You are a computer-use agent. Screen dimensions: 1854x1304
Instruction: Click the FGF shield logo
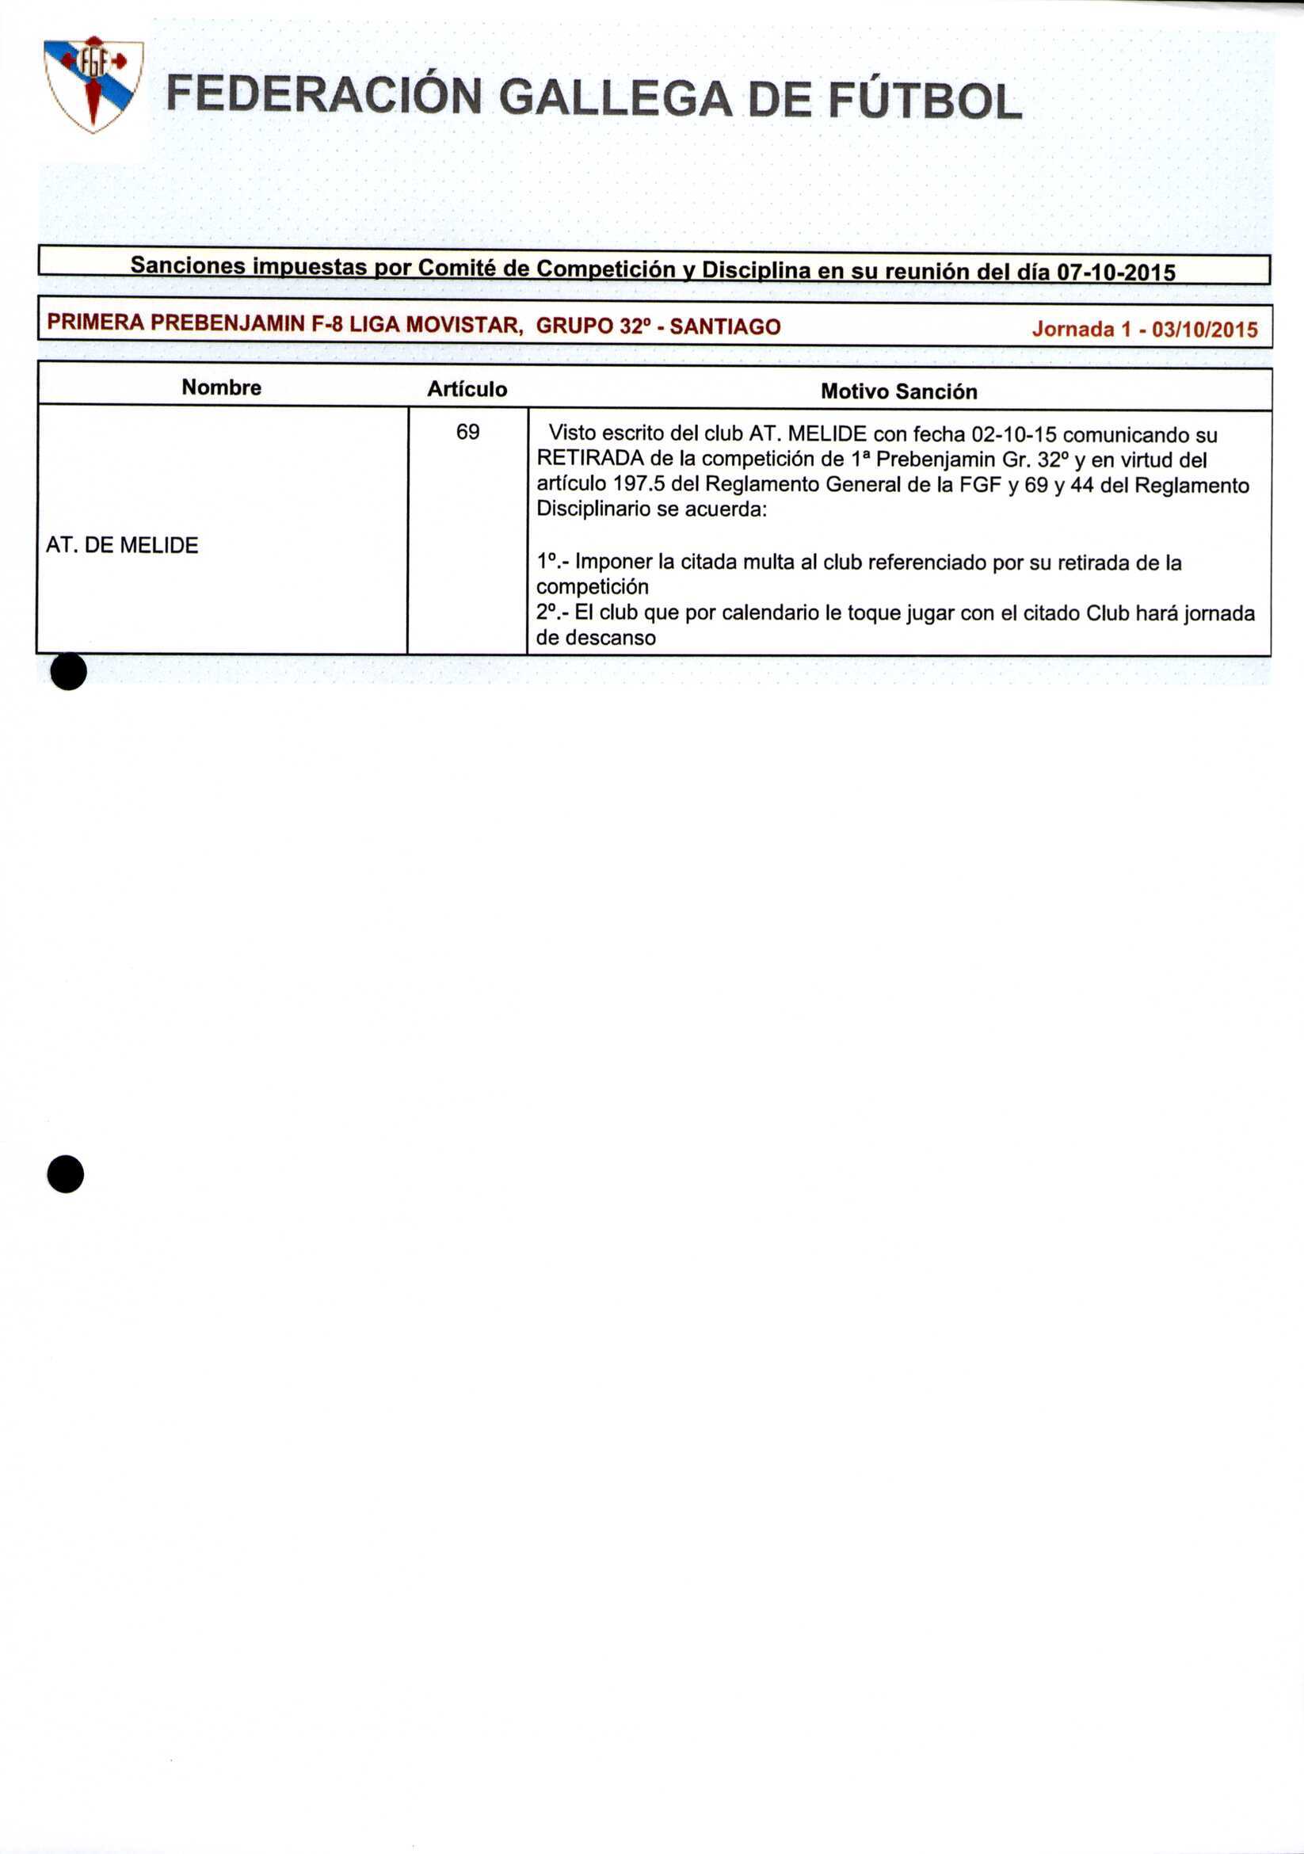click(93, 84)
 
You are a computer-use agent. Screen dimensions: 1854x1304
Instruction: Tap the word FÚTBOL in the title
click(925, 101)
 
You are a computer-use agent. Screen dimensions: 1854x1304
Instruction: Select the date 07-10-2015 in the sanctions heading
click(1116, 273)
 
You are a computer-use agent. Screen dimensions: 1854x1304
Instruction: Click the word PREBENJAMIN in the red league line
click(228, 324)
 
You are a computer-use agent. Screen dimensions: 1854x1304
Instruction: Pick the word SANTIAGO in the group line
click(725, 327)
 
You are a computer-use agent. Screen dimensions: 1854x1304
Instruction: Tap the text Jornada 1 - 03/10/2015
click(1144, 330)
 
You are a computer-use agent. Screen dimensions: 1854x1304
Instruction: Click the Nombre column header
click(221, 387)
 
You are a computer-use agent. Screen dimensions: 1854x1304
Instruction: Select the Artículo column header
click(467, 389)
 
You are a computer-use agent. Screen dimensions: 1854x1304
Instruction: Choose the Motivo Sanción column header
click(898, 391)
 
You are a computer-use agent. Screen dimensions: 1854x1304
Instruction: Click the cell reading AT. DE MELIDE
click(122, 546)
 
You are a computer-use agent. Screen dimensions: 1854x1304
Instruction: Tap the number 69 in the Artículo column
click(467, 433)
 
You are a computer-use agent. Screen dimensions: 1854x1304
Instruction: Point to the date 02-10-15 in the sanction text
click(1013, 435)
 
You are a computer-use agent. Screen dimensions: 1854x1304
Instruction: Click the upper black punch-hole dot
click(69, 671)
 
